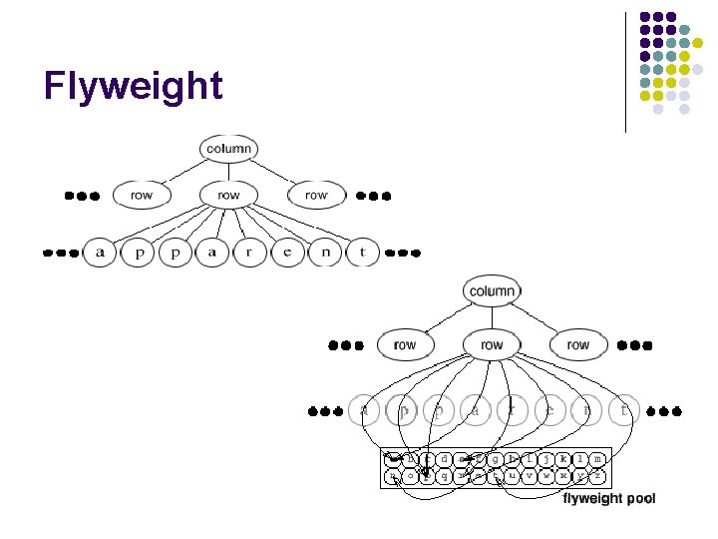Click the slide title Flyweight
(x=133, y=87)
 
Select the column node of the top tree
(x=228, y=150)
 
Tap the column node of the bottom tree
(x=492, y=291)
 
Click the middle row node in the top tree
(x=228, y=195)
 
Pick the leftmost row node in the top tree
(x=142, y=195)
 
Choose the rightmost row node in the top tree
(x=316, y=195)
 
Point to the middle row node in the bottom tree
(x=492, y=344)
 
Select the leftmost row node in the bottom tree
(x=405, y=344)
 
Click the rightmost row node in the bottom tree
(x=578, y=344)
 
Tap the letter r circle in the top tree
(x=249, y=253)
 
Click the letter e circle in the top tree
(x=287, y=253)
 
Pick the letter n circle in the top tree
(x=325, y=253)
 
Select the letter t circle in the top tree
(x=362, y=253)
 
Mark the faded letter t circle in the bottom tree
(x=624, y=408)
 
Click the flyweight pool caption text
(x=609, y=498)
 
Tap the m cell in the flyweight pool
(x=597, y=459)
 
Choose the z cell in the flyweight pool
(x=597, y=477)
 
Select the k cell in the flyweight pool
(x=563, y=459)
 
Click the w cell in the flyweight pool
(x=546, y=477)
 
